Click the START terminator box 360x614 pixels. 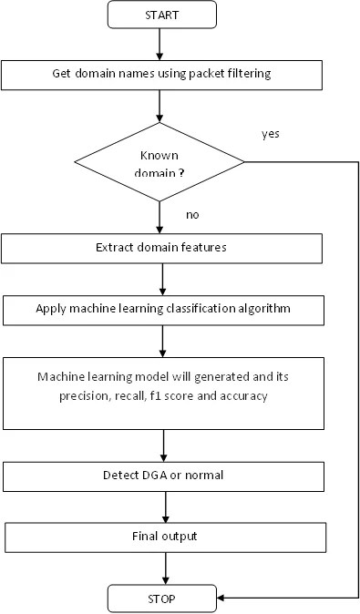[162, 15]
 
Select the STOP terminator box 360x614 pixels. [162, 599]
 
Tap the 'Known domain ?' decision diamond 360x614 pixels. [159, 162]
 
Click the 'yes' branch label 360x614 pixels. [271, 134]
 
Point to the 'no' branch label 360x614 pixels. [192, 215]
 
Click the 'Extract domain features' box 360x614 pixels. [161, 249]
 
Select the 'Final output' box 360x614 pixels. [165, 537]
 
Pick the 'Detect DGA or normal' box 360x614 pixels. [163, 476]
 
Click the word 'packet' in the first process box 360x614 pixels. [204, 74]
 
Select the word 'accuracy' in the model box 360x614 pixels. [243, 396]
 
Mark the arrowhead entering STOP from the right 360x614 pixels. [221, 599]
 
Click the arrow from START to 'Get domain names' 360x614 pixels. [159, 45]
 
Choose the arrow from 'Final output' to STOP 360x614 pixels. [165, 568]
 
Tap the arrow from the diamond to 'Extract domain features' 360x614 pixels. [159, 218]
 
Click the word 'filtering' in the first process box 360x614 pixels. [247, 74]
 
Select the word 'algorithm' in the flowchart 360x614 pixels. [264, 309]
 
